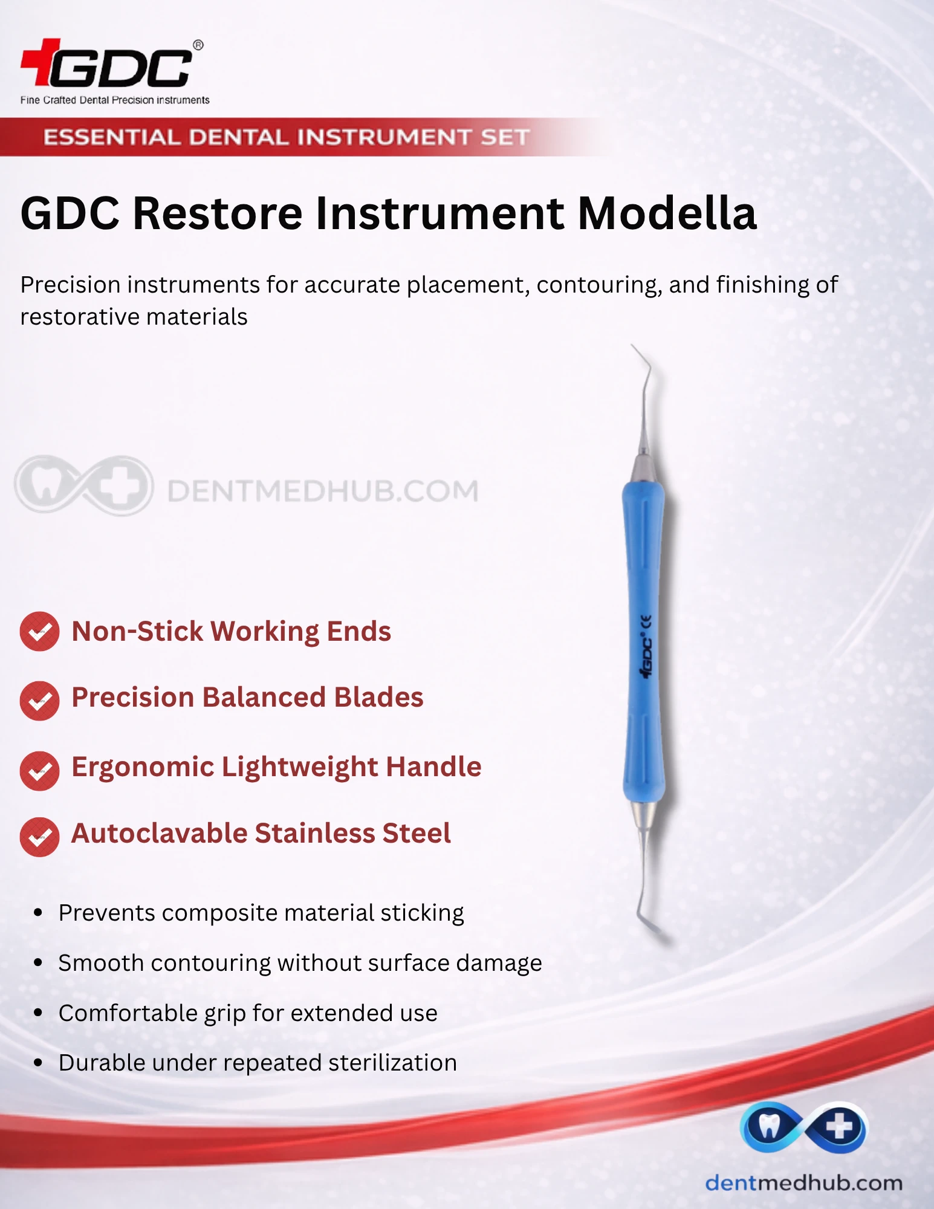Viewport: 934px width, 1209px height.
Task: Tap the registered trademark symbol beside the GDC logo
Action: click(x=198, y=45)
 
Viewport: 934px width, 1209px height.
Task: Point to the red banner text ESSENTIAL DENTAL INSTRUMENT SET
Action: click(x=287, y=137)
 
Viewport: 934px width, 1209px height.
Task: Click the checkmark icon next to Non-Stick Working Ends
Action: click(x=39, y=632)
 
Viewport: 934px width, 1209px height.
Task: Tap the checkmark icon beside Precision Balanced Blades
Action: click(x=39, y=701)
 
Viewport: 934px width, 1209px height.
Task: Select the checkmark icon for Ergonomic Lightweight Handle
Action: click(x=39, y=770)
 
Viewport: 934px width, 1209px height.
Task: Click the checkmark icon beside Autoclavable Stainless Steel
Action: click(x=39, y=837)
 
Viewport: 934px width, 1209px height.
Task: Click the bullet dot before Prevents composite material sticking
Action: click(x=38, y=913)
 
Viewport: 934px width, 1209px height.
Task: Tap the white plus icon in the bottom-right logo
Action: click(x=840, y=1126)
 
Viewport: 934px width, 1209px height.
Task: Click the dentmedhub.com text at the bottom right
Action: click(x=803, y=1182)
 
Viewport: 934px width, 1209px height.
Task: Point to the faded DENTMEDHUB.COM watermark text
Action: click(x=323, y=491)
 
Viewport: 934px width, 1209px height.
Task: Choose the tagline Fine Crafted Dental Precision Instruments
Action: click(x=115, y=100)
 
